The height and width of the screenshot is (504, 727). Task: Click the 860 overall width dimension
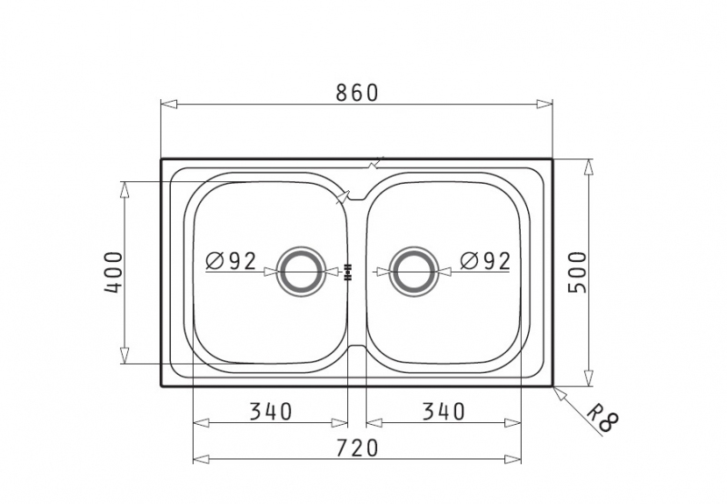coord(357,93)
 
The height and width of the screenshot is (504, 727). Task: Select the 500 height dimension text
coord(578,272)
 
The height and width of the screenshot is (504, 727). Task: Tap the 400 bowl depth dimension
coord(114,272)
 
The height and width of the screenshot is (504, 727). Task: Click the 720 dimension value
coord(357,449)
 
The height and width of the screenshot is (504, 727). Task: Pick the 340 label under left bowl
coord(271,411)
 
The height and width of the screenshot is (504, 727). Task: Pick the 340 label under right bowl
coord(443,411)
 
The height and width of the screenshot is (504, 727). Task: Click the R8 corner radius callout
coord(603,418)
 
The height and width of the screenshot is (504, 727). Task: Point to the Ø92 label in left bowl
coord(231,261)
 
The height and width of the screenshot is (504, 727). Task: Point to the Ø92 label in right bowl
coord(485,261)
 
